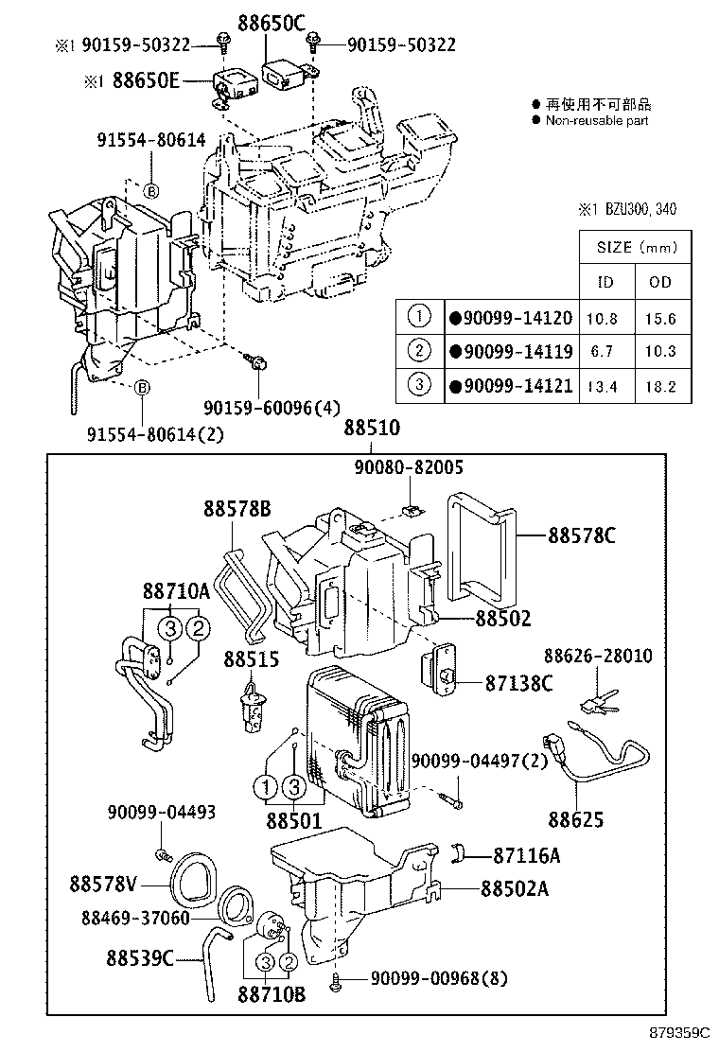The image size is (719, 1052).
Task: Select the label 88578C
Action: click(581, 535)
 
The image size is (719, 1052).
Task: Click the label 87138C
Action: click(518, 682)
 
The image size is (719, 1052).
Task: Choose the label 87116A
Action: click(527, 856)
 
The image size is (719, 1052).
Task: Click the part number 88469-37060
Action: click(135, 918)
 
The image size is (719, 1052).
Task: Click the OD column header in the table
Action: click(661, 282)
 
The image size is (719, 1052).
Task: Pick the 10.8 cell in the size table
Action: click(603, 319)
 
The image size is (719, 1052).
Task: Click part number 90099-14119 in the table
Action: click(516, 352)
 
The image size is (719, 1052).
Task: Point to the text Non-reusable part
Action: click(597, 120)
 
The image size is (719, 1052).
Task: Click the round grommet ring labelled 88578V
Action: click(195, 879)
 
